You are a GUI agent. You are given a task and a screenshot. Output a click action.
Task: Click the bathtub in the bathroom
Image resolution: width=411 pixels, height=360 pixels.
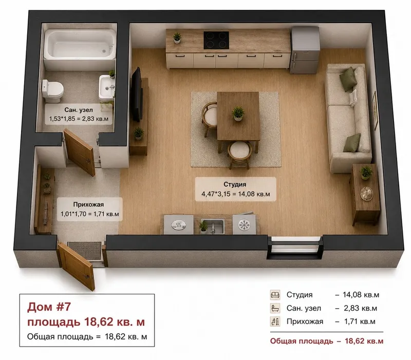tap(80, 45)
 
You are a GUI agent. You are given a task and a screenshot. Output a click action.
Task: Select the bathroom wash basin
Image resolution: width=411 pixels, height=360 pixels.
tap(107, 88)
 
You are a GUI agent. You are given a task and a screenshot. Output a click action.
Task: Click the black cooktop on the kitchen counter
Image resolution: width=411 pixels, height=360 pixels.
tap(216, 40)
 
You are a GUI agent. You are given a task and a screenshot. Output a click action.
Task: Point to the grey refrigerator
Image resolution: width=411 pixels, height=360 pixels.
tap(305, 50)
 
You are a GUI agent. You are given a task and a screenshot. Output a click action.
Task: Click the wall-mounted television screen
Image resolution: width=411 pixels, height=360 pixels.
tap(136, 94)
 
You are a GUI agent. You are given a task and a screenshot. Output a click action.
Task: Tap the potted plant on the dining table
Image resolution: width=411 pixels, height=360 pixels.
tap(238, 113)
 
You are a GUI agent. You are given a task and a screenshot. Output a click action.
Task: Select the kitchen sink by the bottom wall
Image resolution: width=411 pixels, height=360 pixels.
tap(213, 225)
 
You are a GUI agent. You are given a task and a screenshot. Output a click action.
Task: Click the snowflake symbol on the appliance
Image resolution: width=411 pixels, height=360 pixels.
tap(244, 225)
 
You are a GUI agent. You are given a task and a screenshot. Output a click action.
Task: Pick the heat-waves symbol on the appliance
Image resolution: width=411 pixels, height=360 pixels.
tap(178, 225)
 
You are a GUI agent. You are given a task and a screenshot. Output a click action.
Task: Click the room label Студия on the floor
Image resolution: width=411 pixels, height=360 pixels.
tap(235, 184)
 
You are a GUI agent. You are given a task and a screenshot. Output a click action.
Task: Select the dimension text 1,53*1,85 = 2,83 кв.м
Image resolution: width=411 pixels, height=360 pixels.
tap(79, 119)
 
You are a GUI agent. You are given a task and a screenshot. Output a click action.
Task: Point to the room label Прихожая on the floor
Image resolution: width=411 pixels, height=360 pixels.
tap(88, 204)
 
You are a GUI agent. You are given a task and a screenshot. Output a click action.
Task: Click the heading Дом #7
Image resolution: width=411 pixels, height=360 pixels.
tap(49, 307)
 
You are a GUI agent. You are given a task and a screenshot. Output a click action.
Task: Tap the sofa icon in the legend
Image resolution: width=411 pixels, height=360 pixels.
tap(275, 295)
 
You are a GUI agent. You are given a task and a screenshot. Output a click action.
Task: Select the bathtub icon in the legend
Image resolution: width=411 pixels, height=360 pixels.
tap(275, 308)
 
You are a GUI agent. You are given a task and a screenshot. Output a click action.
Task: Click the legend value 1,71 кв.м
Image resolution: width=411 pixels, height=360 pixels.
tap(360, 321)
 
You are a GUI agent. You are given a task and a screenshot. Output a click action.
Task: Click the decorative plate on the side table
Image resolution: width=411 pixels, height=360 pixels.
tap(366, 194)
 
